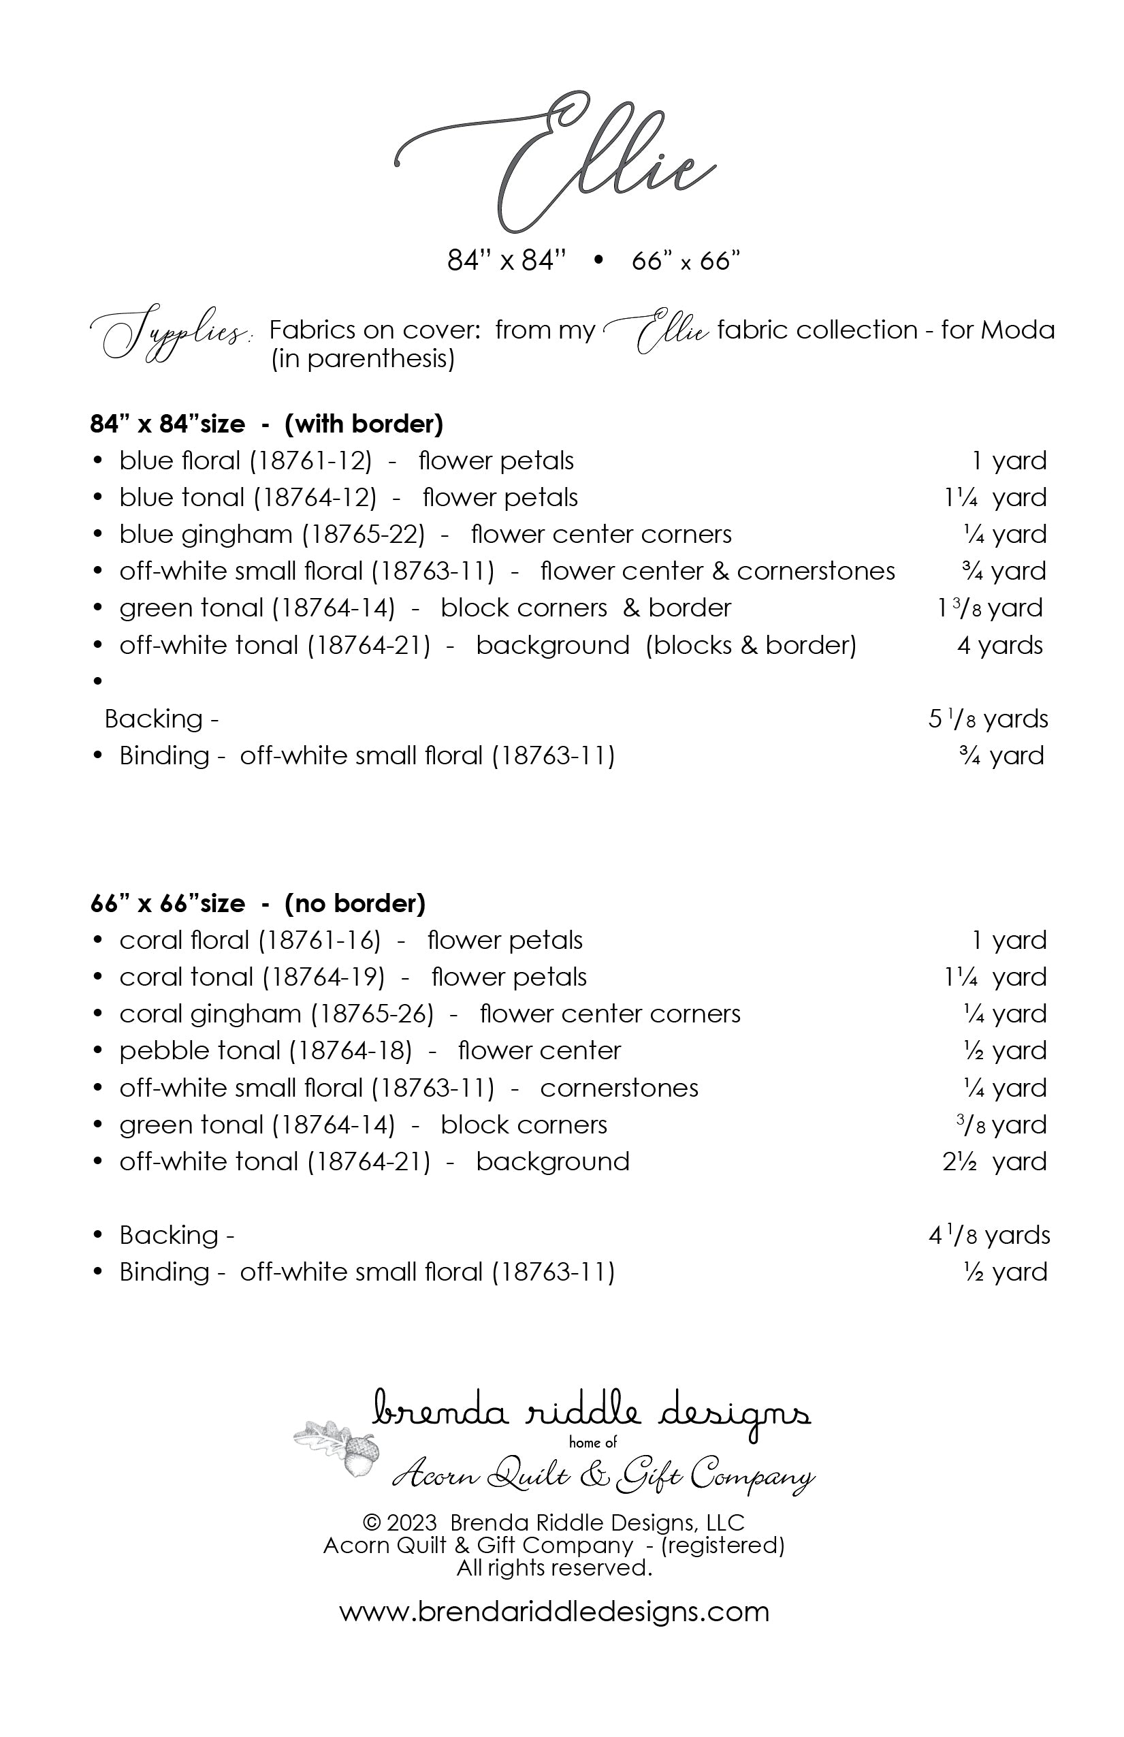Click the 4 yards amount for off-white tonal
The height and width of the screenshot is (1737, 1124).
(x=999, y=645)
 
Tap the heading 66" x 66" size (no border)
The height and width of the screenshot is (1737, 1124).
(x=257, y=903)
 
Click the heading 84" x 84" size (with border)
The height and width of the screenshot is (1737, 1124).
(x=266, y=424)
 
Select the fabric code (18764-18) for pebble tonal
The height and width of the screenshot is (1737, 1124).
(x=351, y=1051)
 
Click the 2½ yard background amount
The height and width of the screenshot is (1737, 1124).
(x=993, y=1162)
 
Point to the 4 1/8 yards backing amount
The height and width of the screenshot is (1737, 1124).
(x=989, y=1236)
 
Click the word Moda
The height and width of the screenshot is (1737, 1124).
(x=1018, y=330)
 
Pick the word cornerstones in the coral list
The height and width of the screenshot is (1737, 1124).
(x=619, y=1089)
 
